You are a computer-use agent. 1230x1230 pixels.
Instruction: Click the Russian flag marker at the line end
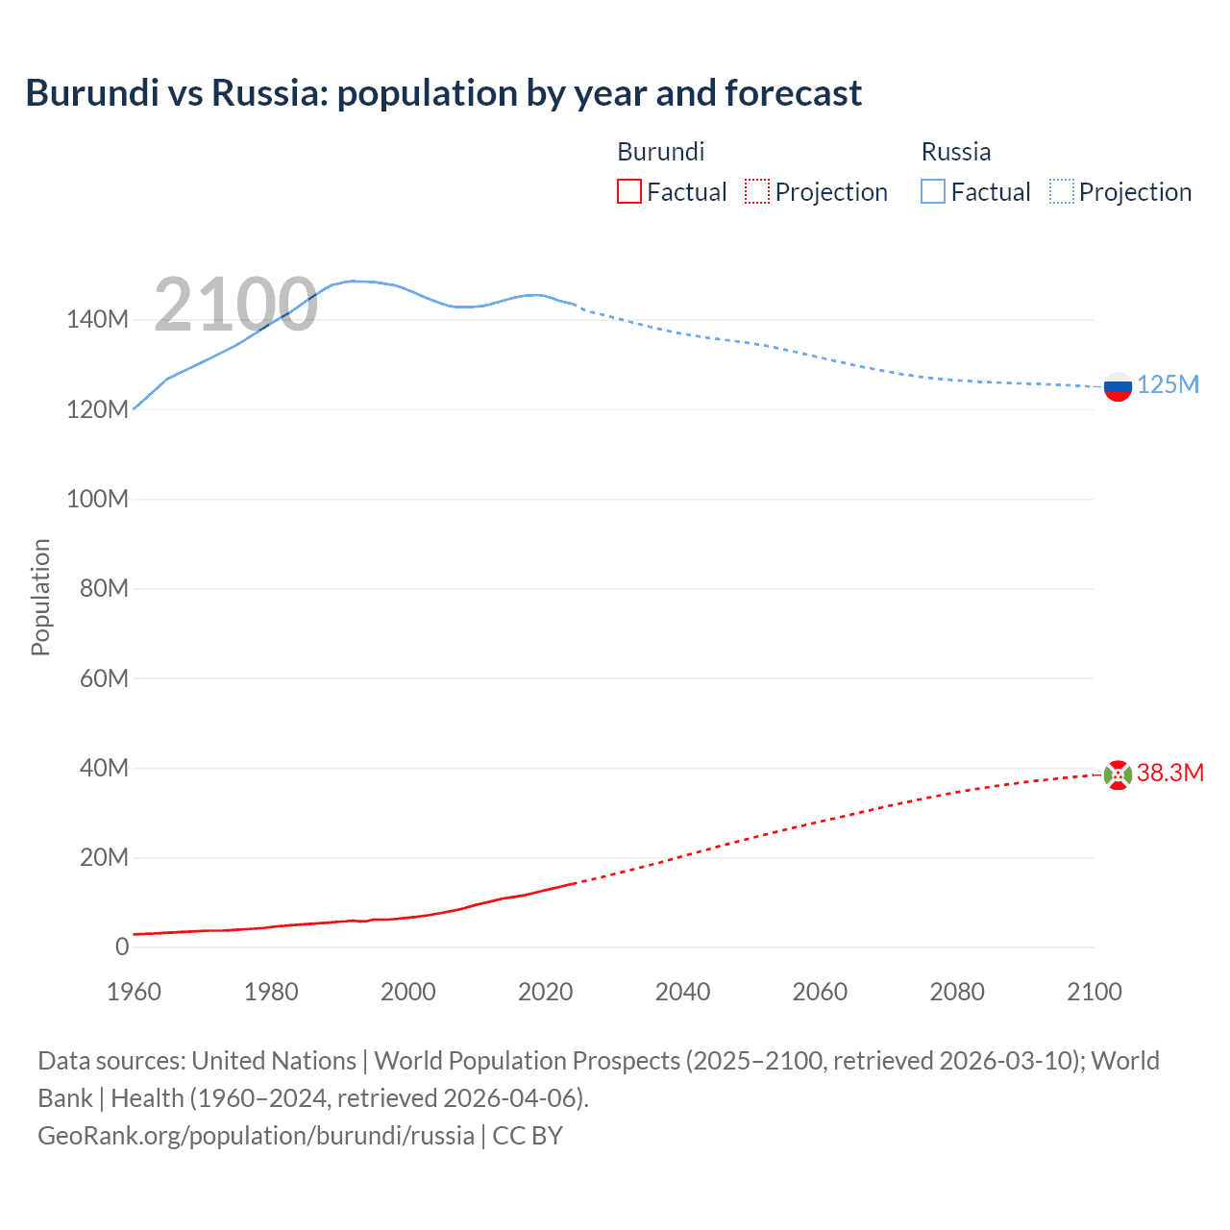[1118, 387]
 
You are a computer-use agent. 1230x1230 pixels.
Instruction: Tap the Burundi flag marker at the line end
[1118, 775]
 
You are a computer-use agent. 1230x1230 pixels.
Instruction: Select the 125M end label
[1168, 385]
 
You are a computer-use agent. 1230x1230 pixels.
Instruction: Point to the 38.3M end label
[1170, 774]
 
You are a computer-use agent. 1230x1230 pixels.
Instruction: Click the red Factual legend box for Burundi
[628, 191]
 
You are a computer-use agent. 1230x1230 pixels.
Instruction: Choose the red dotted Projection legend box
[757, 191]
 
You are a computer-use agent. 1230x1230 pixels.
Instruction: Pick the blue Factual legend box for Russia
[933, 191]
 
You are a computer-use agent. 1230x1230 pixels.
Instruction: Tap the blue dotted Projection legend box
[1062, 191]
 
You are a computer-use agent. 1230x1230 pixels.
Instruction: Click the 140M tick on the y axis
[97, 320]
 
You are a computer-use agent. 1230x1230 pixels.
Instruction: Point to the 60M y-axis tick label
[104, 678]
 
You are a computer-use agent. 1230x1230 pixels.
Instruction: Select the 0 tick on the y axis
[122, 947]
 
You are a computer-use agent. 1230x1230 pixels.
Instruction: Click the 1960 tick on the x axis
[134, 992]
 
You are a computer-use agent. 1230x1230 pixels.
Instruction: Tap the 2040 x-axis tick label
[682, 992]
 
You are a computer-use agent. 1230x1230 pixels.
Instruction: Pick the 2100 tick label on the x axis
[1094, 992]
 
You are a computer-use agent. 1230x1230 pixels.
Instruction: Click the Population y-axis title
[40, 597]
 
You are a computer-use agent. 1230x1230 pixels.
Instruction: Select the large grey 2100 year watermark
[235, 305]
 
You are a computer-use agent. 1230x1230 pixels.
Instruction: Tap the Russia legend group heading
[955, 152]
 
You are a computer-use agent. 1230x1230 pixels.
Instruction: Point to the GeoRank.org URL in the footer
[256, 1136]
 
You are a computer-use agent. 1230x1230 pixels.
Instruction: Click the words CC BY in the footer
[528, 1136]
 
